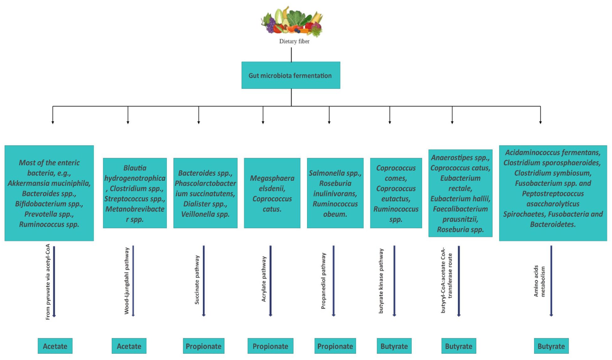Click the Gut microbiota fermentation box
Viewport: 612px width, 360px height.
tap(291, 75)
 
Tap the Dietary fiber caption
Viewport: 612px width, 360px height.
tap(294, 41)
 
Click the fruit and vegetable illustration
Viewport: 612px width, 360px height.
tap(292, 21)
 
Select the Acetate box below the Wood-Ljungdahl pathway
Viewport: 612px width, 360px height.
tap(129, 346)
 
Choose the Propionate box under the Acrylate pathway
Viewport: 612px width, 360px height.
tap(270, 346)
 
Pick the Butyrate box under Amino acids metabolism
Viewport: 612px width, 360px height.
tap(551, 346)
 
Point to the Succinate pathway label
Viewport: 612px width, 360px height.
tap(197, 280)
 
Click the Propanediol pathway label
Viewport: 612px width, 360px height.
tap(323, 281)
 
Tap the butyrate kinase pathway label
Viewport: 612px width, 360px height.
tap(381, 281)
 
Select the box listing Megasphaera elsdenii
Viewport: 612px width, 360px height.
tap(272, 193)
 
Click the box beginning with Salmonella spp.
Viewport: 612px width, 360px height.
tap(335, 193)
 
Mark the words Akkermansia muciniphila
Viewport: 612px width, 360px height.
tap(49, 183)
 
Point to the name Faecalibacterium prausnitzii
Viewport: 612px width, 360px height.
tap(460, 214)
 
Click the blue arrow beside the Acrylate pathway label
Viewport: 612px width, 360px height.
tap(270, 281)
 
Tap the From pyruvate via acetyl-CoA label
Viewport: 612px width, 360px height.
tap(48, 282)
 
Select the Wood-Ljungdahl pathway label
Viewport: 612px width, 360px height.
tap(127, 281)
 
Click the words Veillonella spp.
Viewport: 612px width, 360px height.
tap(205, 214)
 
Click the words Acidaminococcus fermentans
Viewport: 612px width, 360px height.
tap(553, 153)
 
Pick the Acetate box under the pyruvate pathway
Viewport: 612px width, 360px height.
tap(55, 346)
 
